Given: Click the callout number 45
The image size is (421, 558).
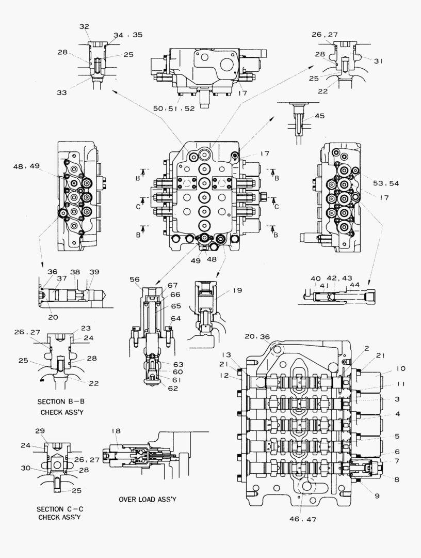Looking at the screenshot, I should point(319,116).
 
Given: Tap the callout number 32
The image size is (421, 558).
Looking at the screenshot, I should point(84,26).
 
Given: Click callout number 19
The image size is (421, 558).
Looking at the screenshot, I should point(237,290).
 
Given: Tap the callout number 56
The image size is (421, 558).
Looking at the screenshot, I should point(135,279).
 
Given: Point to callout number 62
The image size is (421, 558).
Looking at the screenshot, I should point(173,388).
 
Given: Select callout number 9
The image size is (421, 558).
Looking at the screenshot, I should point(377,496).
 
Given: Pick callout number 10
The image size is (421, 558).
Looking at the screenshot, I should point(401,368).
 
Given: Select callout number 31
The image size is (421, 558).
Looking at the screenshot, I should point(379,61).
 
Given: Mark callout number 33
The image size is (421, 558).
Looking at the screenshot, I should point(62,93).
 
